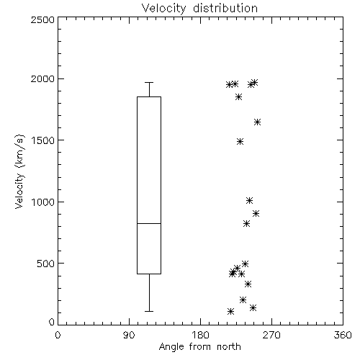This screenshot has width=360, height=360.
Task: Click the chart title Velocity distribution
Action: (199, 8)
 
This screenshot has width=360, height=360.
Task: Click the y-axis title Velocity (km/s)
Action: (19, 171)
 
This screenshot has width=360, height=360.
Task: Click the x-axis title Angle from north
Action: (199, 346)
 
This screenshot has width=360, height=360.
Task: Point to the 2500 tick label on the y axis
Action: (42, 19)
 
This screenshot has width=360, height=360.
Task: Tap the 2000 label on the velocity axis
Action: (42, 79)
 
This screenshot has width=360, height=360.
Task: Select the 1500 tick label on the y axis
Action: (43, 140)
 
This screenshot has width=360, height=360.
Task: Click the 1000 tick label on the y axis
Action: (43, 202)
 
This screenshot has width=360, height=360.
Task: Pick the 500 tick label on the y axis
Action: (46, 264)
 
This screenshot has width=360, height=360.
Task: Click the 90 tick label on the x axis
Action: (129, 335)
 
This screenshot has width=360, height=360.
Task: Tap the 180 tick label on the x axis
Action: (200, 335)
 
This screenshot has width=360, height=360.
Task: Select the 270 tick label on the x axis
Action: (271, 335)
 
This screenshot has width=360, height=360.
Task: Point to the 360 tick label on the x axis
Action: (343, 335)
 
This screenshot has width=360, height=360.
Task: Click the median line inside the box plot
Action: (149, 223)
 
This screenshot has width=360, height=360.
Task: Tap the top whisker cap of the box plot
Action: (149, 82)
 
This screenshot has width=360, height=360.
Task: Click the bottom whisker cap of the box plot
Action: (149, 311)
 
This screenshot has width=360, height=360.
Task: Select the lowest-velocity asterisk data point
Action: (230, 312)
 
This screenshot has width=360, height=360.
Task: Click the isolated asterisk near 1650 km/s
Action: (257, 122)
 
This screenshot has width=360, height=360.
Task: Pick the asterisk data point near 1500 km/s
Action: (240, 141)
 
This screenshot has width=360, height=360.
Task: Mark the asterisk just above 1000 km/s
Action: (249, 200)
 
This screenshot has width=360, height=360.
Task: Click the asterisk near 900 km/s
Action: (256, 213)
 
